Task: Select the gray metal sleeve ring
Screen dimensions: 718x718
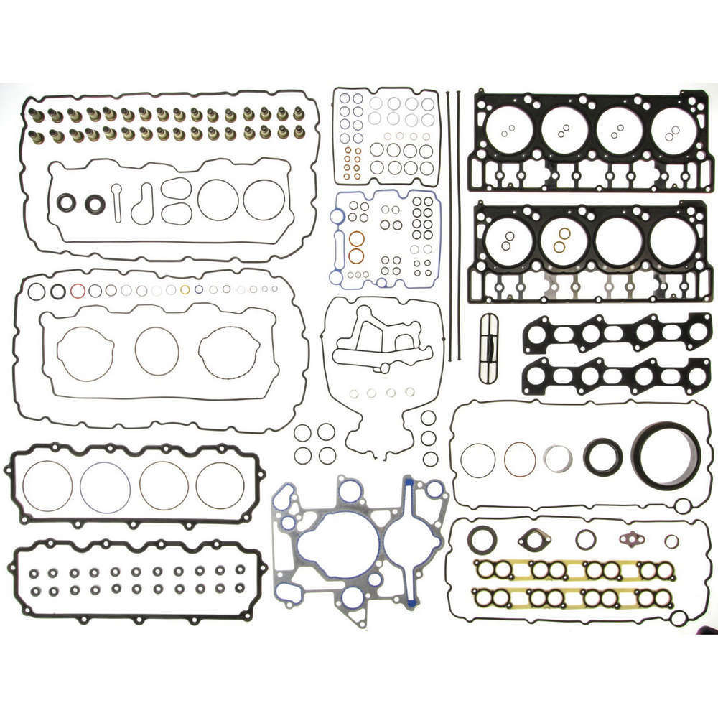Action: (558, 458)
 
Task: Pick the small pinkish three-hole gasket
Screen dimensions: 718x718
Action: (633, 538)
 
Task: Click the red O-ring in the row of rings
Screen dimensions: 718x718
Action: (78, 291)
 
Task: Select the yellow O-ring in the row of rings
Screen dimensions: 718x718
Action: (185, 290)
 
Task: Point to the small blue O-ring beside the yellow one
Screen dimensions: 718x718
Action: (199, 290)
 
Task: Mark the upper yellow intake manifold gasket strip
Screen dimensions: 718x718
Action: (574, 570)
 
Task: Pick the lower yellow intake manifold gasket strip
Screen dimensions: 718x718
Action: (574, 595)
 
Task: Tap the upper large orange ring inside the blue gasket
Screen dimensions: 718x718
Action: (356, 238)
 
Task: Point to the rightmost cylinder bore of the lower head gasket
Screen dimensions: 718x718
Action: (673, 241)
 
